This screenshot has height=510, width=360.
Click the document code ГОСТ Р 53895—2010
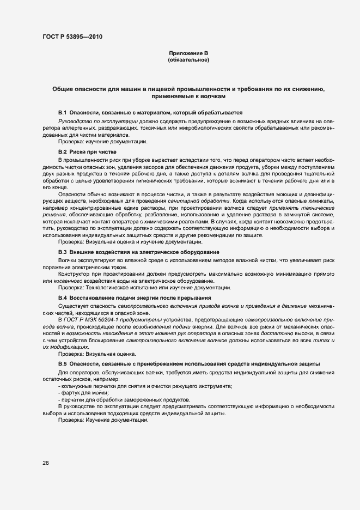coord(71,37)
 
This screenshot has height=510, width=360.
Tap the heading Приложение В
coord(188,53)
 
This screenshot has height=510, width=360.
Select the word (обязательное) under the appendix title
coord(188,60)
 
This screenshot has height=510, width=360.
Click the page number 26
coord(45,463)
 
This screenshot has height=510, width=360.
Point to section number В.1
coord(63,111)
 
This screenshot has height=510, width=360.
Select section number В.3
coord(63,252)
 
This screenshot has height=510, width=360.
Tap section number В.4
coord(63,298)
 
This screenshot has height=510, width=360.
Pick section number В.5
coord(63,363)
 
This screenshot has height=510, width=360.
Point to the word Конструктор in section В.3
coord(73,274)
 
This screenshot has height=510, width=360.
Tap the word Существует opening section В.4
coord(74,306)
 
